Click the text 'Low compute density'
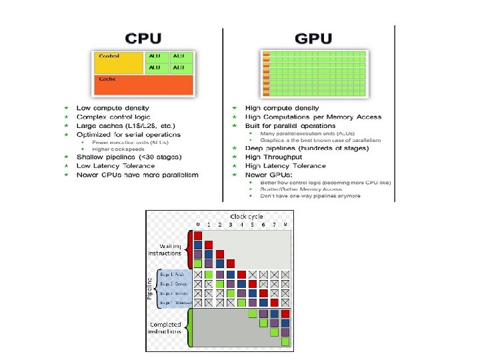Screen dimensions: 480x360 point(113,107)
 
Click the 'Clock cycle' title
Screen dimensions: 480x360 point(246,216)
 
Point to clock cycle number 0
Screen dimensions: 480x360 point(197,225)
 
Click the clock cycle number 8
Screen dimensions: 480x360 point(285,225)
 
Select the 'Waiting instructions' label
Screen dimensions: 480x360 point(165,250)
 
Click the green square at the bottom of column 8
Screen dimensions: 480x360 point(285,342)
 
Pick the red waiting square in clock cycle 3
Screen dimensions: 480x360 point(230,264)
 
